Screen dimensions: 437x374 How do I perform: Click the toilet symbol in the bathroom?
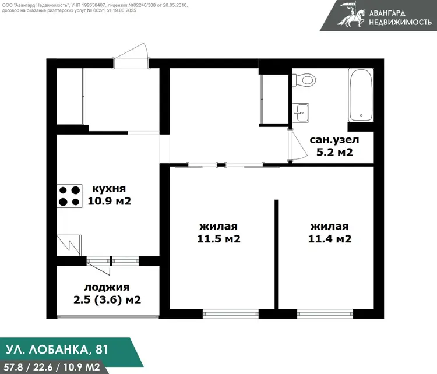tap(304, 80)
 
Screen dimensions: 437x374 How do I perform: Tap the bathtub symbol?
tap(361, 95)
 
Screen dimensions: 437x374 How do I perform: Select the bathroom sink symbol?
tap(301, 112)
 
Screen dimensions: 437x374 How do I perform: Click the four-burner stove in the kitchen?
tap(69, 196)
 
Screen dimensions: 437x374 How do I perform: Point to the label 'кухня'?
tap(109, 189)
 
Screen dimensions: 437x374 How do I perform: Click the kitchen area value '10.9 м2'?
tap(110, 200)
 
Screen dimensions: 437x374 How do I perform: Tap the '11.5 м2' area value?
tap(218, 239)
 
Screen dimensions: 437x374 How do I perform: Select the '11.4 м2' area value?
tap(330, 239)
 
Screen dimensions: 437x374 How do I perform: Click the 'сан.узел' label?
tap(334, 140)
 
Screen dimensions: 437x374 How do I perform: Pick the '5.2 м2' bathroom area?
tap(334, 152)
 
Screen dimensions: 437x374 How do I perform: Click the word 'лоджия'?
tap(107, 287)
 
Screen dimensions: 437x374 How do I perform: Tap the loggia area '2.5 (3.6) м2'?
tap(107, 299)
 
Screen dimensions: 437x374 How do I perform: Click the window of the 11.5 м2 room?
tap(231, 314)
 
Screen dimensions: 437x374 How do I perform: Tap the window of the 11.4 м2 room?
tap(325, 314)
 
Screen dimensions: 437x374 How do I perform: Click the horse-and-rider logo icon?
tap(351, 15)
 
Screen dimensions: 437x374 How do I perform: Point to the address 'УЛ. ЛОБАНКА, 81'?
tap(57, 350)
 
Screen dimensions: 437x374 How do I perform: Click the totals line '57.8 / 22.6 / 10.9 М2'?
tap(52, 367)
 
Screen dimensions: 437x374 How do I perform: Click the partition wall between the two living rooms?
tap(276, 255)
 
